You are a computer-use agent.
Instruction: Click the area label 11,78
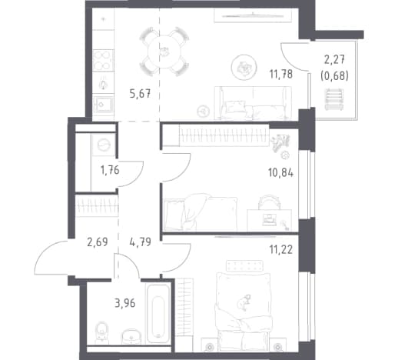pos(280,75)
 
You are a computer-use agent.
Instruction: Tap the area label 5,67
pos(140,94)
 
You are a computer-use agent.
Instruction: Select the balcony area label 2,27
pos(334,59)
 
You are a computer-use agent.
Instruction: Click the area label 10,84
pos(280,173)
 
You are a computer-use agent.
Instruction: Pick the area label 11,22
pos(280,249)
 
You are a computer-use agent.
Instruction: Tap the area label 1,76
pos(110,170)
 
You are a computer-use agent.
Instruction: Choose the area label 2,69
pos(98,242)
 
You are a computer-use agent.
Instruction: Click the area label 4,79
pos(140,242)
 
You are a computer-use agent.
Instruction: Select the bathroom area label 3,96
pos(124,303)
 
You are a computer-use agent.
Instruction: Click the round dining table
pos(164,52)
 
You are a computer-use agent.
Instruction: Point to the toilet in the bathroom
pos(101,332)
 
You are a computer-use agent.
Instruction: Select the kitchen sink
pos(103,105)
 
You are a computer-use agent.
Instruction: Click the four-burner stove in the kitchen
pos(103,61)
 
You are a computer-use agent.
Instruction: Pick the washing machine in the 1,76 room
pos(103,145)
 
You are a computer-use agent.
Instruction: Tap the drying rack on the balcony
pos(334,99)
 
